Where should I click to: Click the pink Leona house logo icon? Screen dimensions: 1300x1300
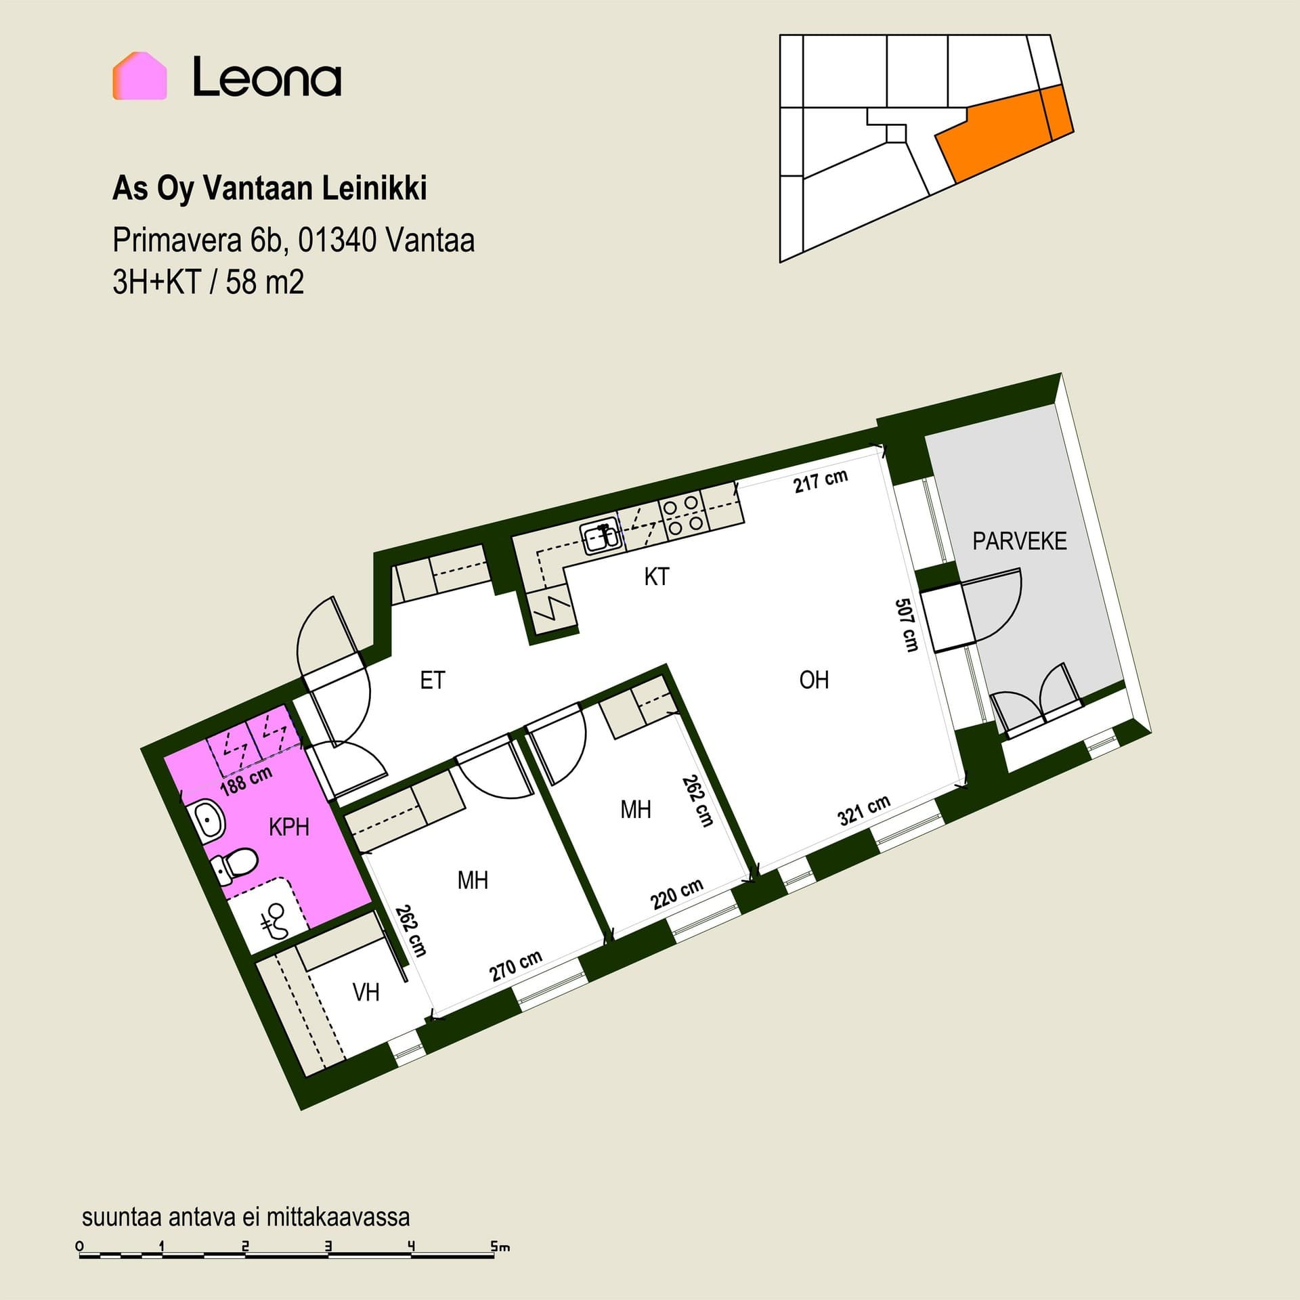click(139, 76)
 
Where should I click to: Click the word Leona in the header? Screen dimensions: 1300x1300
click(267, 77)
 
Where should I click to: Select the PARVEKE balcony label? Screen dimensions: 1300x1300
click(1020, 541)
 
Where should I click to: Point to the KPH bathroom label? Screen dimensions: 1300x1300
click(289, 827)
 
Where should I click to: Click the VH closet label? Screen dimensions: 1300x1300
click(366, 993)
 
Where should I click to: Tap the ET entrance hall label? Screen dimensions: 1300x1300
click(433, 680)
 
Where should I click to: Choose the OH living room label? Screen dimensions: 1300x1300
click(814, 680)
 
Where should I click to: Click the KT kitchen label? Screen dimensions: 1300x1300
click(657, 577)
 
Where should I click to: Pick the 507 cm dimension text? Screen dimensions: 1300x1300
click(907, 624)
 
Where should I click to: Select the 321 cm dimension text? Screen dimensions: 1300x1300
click(864, 810)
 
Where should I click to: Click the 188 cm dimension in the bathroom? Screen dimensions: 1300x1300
click(246, 780)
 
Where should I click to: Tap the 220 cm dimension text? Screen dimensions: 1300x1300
click(677, 894)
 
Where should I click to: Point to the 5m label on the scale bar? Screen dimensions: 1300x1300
click(500, 1246)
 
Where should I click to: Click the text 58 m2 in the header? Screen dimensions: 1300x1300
click(265, 282)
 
